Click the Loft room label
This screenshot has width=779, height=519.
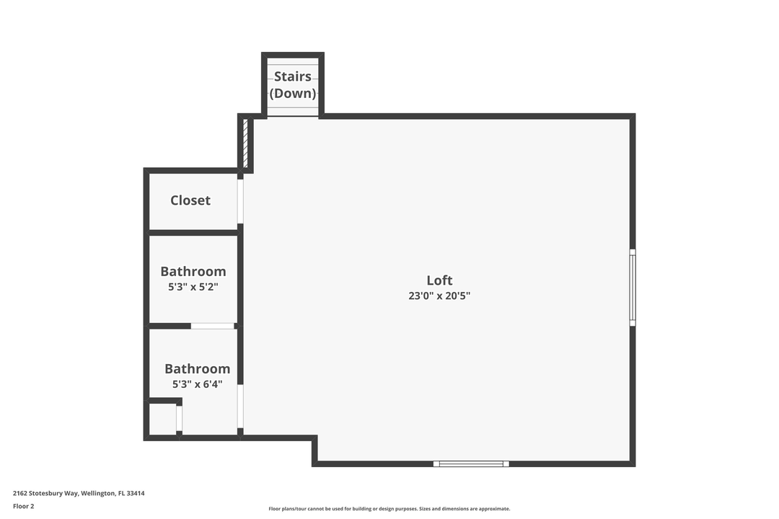click(439, 280)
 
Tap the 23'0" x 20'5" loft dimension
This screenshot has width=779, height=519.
click(439, 296)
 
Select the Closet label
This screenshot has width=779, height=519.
click(190, 200)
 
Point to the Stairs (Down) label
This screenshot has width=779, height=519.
click(293, 84)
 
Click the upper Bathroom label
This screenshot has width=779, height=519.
click(193, 271)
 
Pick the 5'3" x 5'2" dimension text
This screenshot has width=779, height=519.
click(193, 287)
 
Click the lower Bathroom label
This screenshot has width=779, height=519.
click(197, 368)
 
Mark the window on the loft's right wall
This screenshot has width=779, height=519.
click(633, 288)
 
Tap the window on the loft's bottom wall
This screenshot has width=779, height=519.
click(471, 463)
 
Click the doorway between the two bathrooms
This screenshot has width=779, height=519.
click(213, 326)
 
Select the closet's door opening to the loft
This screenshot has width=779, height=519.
click(241, 200)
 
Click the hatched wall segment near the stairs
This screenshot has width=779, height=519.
click(245, 143)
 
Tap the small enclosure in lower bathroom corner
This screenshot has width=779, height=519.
click(162, 419)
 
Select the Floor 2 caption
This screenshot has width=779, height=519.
click(23, 506)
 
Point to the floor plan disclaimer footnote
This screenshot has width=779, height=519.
click(389, 509)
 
